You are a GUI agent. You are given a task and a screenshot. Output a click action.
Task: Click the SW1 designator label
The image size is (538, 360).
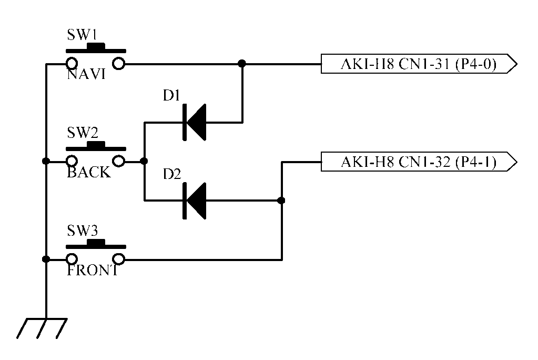click(82, 35)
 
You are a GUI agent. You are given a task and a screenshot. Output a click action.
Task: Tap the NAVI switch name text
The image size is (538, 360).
click(86, 75)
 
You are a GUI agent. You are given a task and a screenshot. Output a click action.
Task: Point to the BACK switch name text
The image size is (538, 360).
click(89, 172)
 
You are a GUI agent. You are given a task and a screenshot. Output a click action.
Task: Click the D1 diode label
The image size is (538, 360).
click(171, 96)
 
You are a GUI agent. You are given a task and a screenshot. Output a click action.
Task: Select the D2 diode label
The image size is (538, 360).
click(172, 174)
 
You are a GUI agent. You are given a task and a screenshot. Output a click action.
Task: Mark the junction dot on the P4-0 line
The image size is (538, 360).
click(242, 64)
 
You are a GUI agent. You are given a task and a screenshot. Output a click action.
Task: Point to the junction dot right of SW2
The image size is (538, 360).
click(144, 161)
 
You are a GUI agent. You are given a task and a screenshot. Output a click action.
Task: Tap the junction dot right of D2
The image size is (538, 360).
click(281, 201)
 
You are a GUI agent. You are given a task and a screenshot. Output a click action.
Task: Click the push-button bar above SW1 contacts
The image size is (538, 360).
click(96, 50)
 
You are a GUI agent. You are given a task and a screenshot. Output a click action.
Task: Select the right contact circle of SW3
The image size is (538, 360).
click(119, 259)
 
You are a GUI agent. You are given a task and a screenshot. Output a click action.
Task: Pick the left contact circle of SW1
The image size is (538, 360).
click(72, 64)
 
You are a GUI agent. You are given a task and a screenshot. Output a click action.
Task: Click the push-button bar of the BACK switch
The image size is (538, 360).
click(96, 147)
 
